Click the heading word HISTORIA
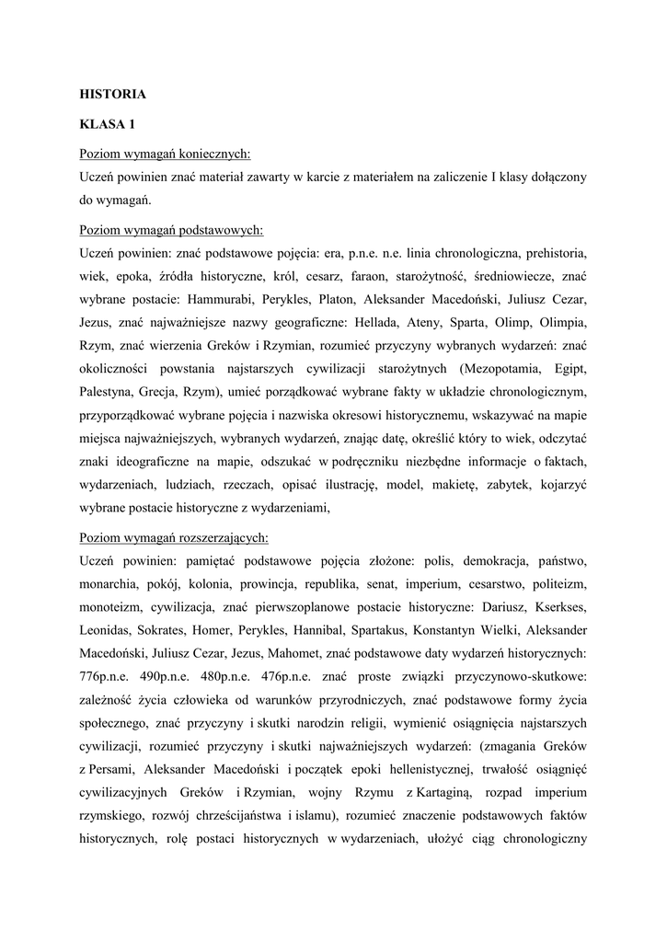[113, 93]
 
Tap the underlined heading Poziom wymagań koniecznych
[166, 152]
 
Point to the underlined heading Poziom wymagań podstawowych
[172, 227]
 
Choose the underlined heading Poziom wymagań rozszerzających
[175, 536]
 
